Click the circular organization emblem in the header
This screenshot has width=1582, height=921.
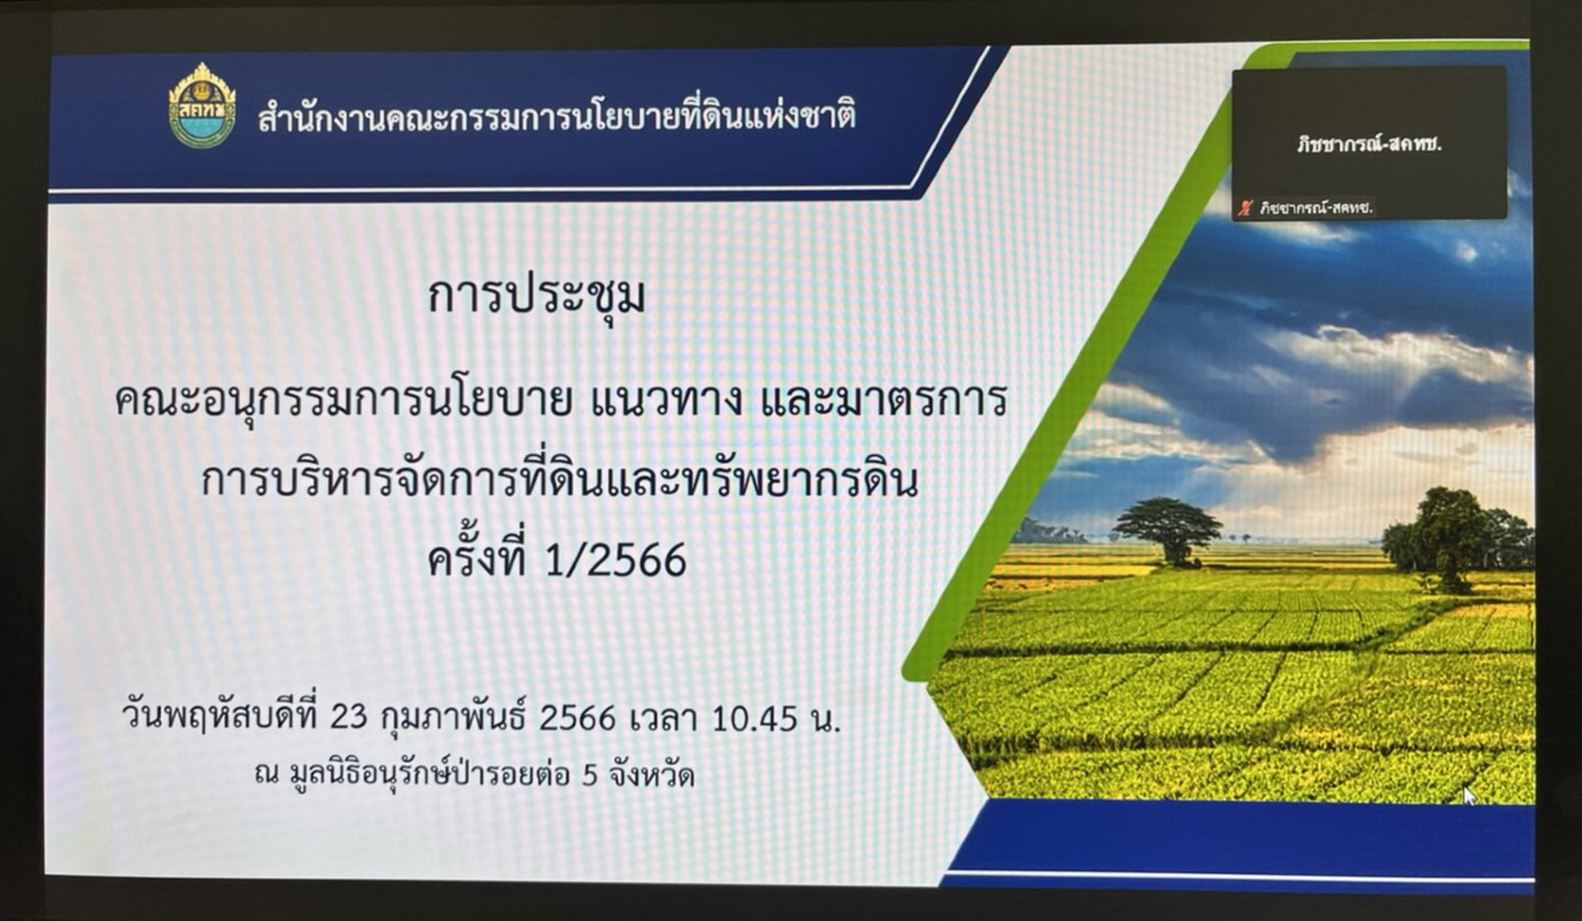coord(202,106)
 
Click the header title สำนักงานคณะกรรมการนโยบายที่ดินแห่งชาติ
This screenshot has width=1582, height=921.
coord(557,116)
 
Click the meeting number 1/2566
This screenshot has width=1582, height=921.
coord(615,561)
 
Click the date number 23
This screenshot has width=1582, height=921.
coord(349,718)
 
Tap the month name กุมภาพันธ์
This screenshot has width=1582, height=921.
coord(454,718)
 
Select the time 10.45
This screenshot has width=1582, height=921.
coord(755,719)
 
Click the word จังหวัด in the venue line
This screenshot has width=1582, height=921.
coord(652,774)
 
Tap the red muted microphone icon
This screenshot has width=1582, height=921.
coord(1245,208)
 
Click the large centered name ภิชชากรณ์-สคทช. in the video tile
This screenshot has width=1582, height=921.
coord(1368,144)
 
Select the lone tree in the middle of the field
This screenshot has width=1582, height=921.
coord(1168,531)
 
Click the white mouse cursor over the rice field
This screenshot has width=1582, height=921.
coord(1470,796)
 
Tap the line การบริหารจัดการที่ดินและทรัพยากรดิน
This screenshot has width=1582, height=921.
coord(560,481)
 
